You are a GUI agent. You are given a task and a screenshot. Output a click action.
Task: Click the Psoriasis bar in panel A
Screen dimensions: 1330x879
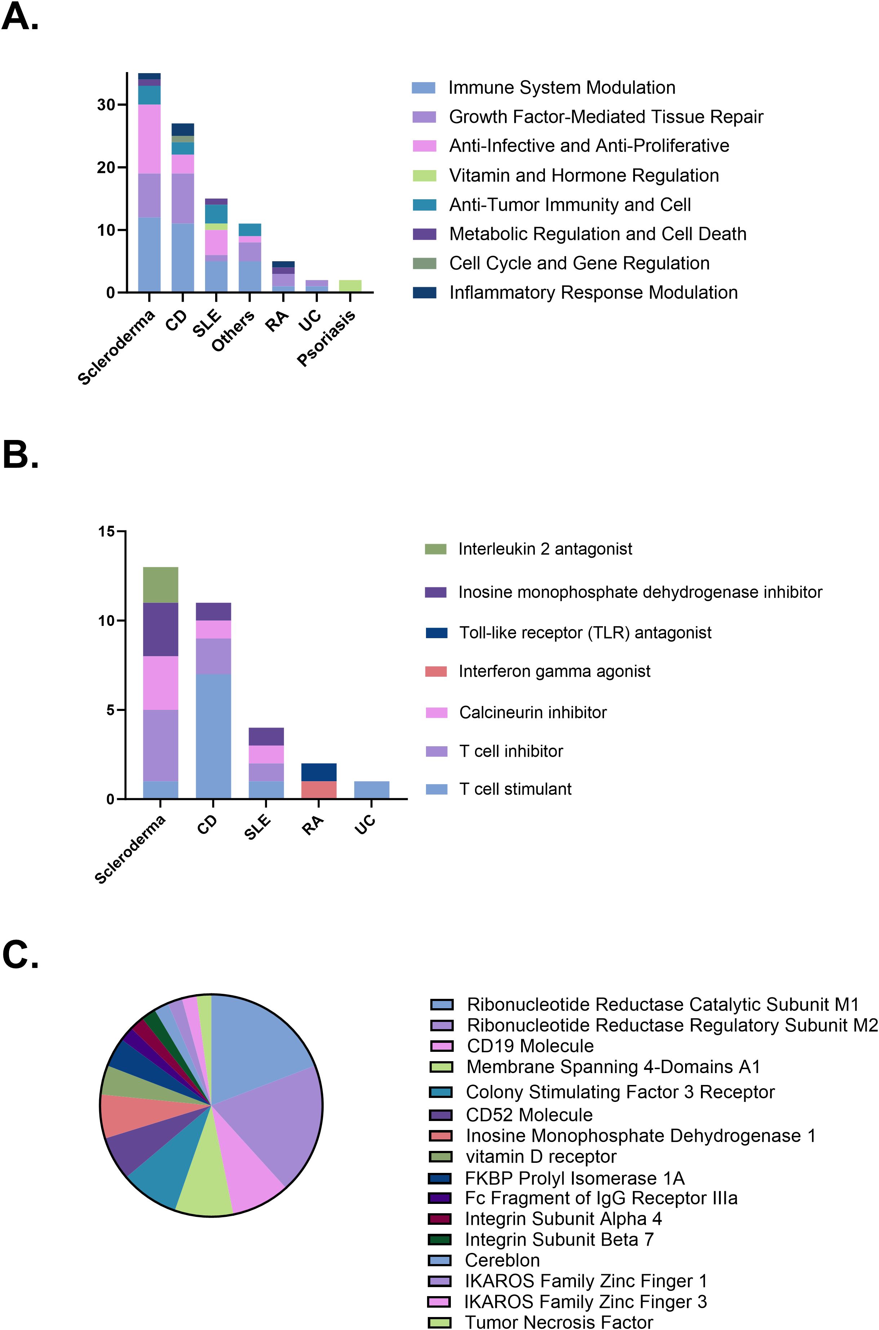350,286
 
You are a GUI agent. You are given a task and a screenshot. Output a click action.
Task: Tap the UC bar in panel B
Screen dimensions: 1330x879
372,790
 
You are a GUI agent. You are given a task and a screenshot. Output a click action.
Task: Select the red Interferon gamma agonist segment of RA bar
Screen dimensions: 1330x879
319,790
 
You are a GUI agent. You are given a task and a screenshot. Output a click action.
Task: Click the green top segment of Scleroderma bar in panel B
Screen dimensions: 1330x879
160,584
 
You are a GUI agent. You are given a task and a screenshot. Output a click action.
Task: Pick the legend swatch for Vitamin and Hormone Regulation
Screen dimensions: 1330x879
425,175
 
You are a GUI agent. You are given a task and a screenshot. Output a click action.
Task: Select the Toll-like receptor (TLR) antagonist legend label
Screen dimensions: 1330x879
585,633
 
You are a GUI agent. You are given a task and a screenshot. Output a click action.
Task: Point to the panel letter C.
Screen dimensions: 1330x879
21,954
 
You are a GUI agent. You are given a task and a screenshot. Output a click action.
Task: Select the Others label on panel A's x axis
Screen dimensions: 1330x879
233,331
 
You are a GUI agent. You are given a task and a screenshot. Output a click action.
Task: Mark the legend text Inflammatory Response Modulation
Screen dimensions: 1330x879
593,293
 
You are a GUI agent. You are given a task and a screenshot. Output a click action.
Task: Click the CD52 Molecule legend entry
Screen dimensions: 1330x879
529,1115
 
